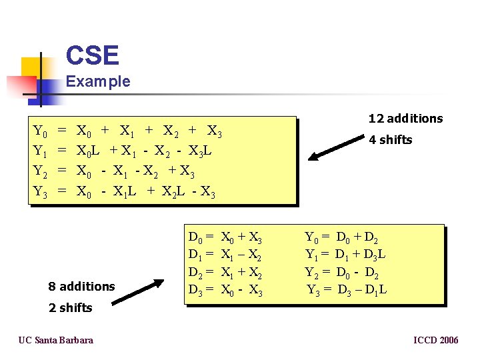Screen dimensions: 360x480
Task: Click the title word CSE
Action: pos(93,55)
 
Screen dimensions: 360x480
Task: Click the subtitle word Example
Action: pos(98,82)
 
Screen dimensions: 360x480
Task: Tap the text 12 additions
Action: pos(405,119)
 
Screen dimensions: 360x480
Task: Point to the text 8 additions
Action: pos(81,287)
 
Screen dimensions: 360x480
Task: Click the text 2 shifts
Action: pos(70,308)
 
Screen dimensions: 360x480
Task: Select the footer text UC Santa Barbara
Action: pos(55,340)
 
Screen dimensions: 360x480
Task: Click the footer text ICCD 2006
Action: pos(435,340)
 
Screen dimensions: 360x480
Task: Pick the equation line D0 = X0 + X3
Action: pos(225,237)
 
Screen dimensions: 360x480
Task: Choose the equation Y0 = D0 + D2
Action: pos(342,237)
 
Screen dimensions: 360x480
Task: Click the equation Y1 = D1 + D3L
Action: pos(345,254)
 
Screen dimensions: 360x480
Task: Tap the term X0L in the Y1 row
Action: pos(89,151)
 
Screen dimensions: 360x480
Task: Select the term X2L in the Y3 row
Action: pos(173,193)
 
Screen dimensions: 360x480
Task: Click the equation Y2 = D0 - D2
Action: pos(342,271)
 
